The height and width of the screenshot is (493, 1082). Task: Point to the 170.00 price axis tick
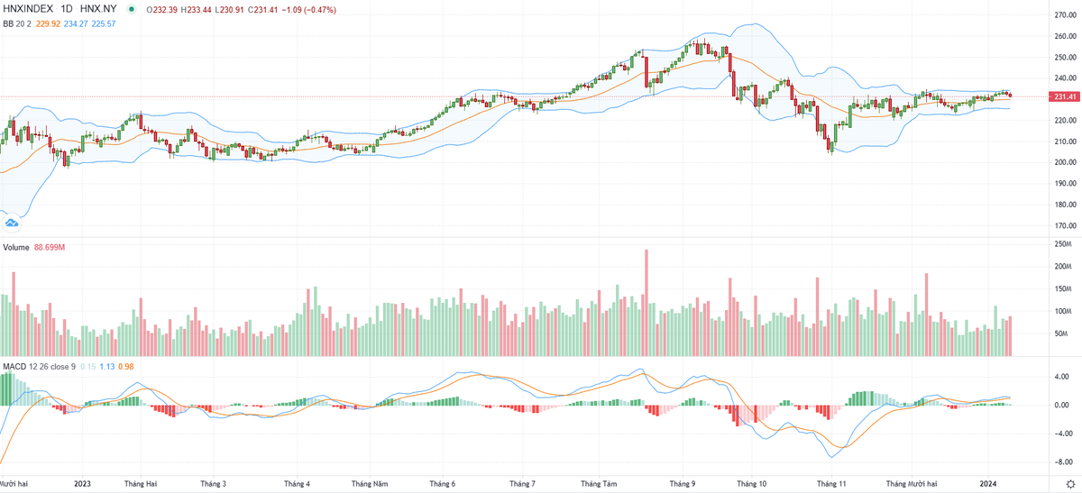[x=1066, y=226]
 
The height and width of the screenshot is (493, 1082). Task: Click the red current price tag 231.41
[x=1066, y=96]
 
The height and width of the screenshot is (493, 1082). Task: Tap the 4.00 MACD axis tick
[x=1062, y=377]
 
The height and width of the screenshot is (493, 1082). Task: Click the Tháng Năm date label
[x=369, y=484]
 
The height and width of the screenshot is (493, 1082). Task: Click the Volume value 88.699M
[x=50, y=246]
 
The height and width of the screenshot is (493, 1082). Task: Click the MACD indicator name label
[x=14, y=367]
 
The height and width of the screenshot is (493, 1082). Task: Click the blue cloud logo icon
[x=12, y=222]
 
